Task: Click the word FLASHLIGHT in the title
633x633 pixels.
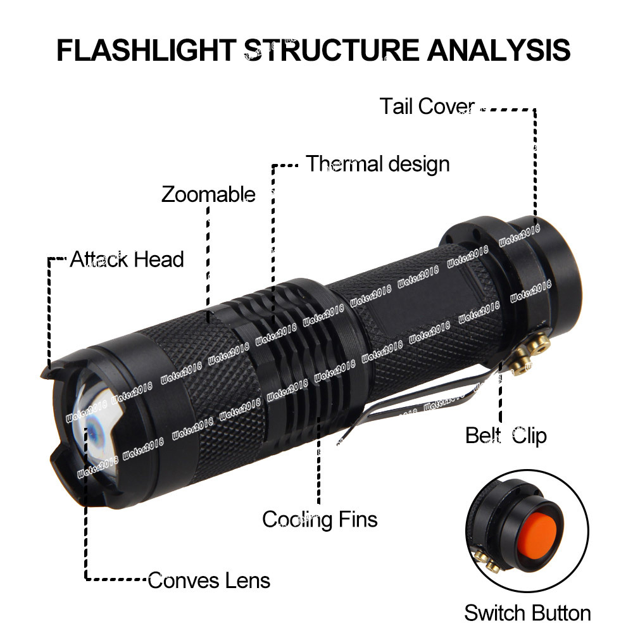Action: pos(146,50)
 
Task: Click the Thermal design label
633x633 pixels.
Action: pos(378,164)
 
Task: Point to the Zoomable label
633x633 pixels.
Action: pos(208,194)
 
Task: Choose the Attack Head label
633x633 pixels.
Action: pos(127,259)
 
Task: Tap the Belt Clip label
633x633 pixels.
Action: pos(506,436)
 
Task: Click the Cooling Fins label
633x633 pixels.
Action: pos(320,519)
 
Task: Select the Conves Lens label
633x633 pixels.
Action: pos(209,580)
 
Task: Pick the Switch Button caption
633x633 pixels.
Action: pos(527,613)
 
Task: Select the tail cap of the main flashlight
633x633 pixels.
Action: pos(538,266)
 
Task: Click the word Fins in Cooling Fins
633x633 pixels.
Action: pos(357,519)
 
